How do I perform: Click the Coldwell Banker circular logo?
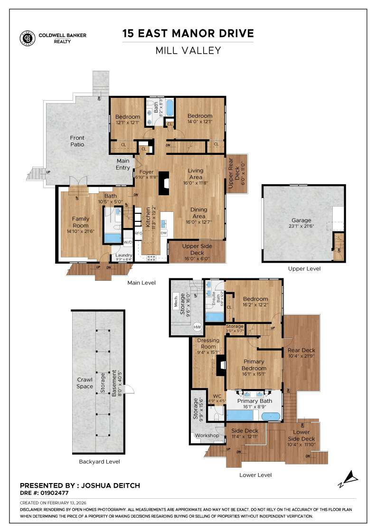(x=27, y=38)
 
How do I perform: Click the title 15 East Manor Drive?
(x=188, y=34)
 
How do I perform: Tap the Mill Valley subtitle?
(x=188, y=50)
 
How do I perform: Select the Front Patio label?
(x=77, y=141)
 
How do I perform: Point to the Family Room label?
(x=81, y=222)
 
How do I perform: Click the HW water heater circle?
(x=197, y=327)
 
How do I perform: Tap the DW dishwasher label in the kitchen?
(x=164, y=233)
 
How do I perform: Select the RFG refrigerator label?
(x=139, y=233)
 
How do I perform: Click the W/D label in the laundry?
(x=128, y=243)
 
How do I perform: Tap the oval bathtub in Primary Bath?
(x=271, y=417)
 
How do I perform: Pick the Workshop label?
(x=207, y=436)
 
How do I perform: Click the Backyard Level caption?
(x=99, y=462)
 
